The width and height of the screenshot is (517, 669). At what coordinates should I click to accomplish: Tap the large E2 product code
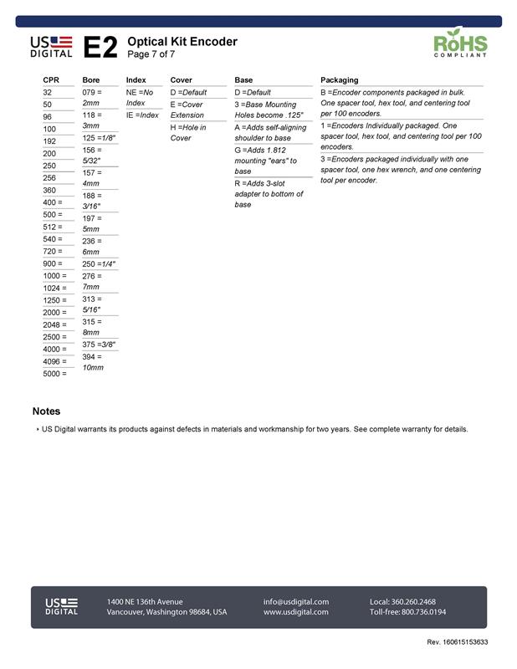[x=100, y=48]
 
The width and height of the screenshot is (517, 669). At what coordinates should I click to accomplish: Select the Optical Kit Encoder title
[x=182, y=42]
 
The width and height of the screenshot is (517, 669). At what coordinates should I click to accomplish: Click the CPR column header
[x=51, y=80]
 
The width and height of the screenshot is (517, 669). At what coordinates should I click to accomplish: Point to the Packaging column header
[x=339, y=80]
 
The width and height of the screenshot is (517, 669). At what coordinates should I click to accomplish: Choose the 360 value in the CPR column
[x=49, y=190]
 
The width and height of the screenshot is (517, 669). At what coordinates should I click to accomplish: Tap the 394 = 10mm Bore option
[x=93, y=361]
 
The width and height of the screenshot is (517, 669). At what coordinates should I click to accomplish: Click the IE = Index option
[x=142, y=115]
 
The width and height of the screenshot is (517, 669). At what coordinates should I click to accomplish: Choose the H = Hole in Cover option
[x=187, y=132]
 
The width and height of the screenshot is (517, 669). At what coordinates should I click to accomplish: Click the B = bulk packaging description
[x=401, y=103]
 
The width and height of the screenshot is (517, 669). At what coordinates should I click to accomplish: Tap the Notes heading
[x=46, y=411]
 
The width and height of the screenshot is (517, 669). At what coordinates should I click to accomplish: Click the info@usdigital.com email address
[x=296, y=601]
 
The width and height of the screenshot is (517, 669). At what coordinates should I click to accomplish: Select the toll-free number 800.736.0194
[x=407, y=612]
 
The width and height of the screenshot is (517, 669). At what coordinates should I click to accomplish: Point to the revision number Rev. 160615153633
[x=457, y=641]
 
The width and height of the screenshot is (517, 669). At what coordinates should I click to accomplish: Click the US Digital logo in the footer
[x=61, y=606]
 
